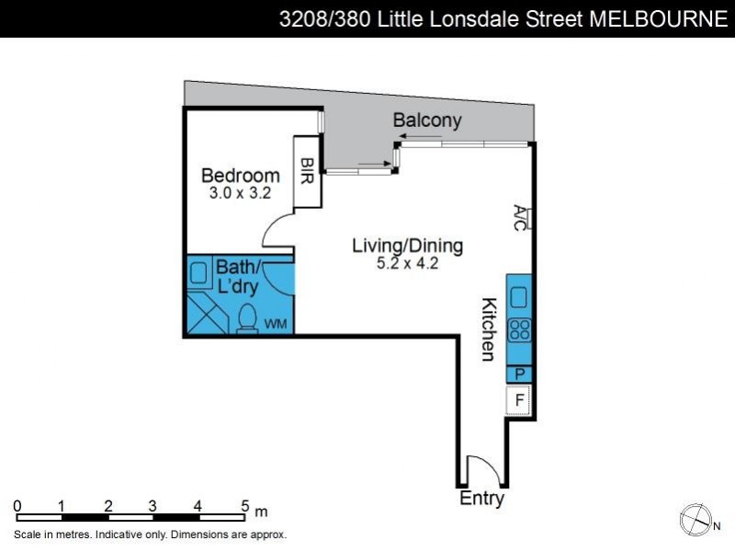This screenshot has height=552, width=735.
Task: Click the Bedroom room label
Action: pos(240,175)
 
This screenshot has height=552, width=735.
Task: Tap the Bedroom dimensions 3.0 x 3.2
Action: pos(240,194)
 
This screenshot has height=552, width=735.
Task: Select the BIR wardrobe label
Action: pos(306,170)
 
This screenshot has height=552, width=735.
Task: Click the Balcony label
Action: pos(427,121)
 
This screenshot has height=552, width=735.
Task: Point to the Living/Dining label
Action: pos(408,246)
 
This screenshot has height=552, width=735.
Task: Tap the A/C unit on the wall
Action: pos(521,218)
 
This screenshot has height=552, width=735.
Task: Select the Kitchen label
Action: pos(490,328)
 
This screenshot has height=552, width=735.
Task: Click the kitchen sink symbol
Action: pos(519,296)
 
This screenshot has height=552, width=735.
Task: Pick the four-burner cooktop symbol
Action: pos(519,329)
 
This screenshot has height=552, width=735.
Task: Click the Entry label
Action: pos(481,499)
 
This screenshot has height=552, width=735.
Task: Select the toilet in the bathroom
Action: pos(246,318)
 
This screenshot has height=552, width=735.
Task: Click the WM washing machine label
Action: pos(276,324)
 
